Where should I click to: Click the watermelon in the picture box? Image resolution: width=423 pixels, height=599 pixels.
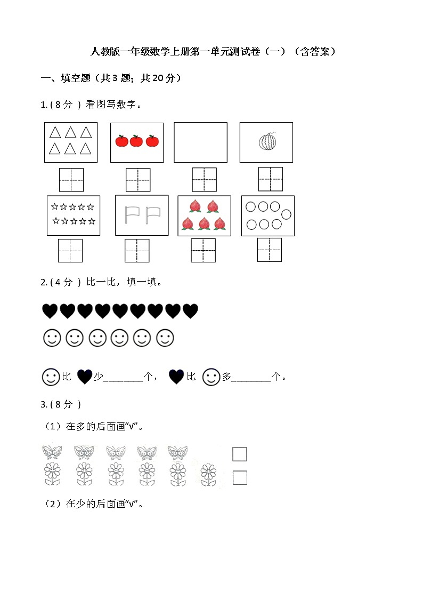coord(267,142)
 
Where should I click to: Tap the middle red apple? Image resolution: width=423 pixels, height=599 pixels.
coord(136,141)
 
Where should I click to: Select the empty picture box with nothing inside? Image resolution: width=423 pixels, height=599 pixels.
coord(201,142)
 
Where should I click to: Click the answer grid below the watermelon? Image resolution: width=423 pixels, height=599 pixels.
coord(271,179)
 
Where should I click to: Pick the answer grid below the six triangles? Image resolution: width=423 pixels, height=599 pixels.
coord(71,180)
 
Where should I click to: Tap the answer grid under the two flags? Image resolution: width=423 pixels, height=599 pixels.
coord(137,251)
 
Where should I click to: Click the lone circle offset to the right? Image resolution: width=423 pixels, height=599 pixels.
coord(287,214)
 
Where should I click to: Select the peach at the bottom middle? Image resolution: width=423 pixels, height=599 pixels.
coord(205,223)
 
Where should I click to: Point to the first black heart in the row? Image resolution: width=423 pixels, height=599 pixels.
coord(50,311)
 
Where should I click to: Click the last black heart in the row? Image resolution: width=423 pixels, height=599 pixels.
coord(190,311)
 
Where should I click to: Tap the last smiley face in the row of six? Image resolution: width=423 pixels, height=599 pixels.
coord(165,338)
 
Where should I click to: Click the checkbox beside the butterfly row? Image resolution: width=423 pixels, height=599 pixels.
coord(240,454)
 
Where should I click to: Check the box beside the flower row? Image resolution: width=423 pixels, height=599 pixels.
coord(240,477)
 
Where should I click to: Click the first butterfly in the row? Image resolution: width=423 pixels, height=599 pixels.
coord(52,452)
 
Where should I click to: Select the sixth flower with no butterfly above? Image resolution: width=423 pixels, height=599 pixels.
coord(209,475)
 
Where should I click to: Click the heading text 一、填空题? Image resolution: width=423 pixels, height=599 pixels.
coord(66,78)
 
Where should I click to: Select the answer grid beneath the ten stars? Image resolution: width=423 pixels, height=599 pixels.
coord(70,251)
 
